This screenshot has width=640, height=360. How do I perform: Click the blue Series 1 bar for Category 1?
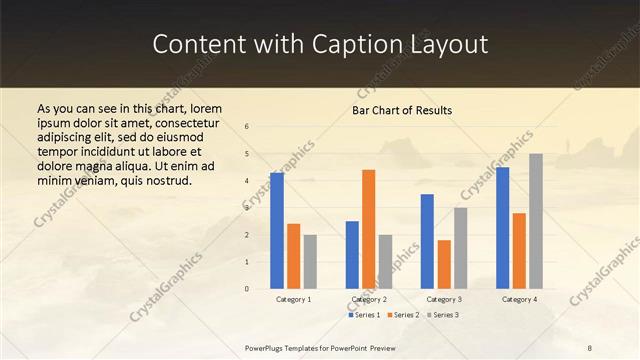277,231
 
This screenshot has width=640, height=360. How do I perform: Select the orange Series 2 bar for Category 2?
368,229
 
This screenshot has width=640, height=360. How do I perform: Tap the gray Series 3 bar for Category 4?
536,221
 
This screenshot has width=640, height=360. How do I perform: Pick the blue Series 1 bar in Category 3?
427,241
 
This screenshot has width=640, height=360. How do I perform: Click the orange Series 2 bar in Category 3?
444,264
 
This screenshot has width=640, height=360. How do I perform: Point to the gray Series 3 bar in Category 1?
310,261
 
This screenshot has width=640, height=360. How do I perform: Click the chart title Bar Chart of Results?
402,110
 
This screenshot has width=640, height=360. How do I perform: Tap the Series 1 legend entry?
364,315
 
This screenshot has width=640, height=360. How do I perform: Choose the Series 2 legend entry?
402,315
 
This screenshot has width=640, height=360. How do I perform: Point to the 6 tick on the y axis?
247,126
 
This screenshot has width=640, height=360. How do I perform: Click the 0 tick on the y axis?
247,289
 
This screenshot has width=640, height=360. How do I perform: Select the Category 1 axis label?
293,299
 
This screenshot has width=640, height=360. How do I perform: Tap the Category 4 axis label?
519,299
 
